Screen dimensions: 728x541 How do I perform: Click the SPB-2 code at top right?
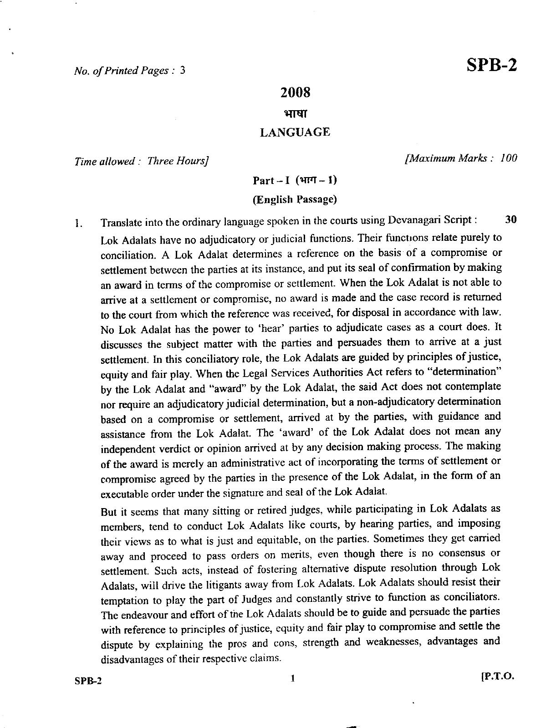492,66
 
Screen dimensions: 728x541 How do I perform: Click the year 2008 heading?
295,93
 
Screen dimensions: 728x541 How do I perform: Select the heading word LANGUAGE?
295,132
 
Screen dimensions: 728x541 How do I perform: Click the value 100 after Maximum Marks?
508,158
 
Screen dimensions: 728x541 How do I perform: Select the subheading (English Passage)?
295,199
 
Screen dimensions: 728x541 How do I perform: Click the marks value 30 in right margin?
511,219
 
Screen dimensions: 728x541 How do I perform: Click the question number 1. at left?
79,224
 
